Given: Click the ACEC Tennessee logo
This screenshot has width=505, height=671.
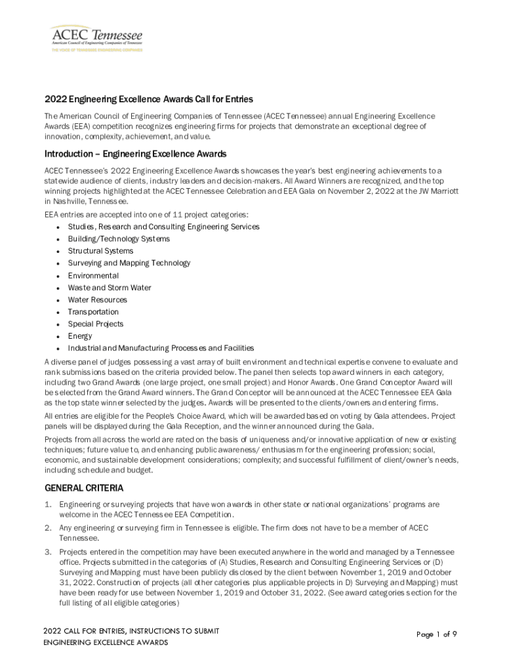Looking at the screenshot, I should point(96,38).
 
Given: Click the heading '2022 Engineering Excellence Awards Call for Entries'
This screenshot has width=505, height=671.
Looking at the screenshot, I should point(148,100).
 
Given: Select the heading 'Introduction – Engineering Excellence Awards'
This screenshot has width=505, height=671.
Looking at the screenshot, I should point(135,154).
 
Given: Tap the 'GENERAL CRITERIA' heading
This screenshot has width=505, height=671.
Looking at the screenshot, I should point(83,488).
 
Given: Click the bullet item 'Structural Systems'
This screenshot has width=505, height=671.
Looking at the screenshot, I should point(100,251).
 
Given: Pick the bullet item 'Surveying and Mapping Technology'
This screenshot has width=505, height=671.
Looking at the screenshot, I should point(129,263).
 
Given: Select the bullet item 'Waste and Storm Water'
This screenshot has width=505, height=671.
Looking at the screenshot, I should point(110,288).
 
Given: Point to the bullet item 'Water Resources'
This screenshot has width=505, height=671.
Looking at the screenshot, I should point(98,299).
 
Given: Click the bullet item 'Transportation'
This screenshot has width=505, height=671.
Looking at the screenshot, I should point(93,312).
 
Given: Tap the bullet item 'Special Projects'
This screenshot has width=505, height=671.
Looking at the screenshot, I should point(96,324).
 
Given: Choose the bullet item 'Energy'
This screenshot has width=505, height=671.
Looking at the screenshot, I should point(80,336).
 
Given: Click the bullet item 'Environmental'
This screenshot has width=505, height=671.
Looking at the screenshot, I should point(93,276).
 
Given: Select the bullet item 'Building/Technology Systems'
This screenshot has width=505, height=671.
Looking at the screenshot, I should point(119,239).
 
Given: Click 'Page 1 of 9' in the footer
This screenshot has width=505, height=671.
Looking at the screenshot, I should point(437,634).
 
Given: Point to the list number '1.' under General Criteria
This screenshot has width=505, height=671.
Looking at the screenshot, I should point(48,505).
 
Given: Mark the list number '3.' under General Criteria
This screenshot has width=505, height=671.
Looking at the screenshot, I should point(48,552).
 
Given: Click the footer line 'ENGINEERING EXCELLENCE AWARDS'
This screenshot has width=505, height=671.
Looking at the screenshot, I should point(106,642).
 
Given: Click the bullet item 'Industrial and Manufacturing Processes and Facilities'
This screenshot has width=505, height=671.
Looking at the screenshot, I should point(161,348).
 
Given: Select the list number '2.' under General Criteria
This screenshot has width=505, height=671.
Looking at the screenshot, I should point(48,528).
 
